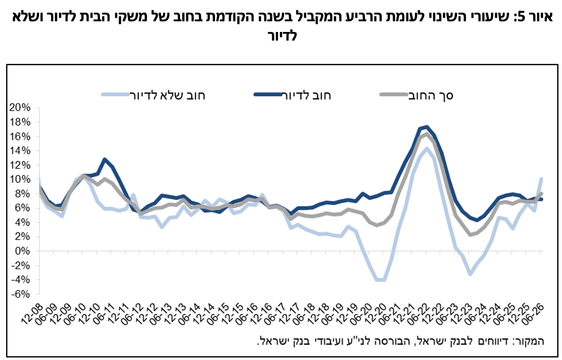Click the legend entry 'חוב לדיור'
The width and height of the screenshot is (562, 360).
pos(293,95)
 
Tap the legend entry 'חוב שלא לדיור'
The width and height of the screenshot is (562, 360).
pos(153,95)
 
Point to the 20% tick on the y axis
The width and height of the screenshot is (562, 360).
pos(20,107)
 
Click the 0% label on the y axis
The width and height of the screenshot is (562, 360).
pos(23,251)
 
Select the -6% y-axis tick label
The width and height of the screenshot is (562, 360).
pos(21,294)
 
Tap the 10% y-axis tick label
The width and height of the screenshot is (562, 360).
pos(20,179)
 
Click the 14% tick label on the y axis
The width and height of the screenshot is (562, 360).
pos(20,151)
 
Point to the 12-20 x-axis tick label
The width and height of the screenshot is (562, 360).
pos(376,314)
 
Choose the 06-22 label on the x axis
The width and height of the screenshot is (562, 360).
pos(419,314)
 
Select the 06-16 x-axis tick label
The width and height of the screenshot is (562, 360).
pos(248,314)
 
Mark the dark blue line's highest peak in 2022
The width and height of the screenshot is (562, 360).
pos(427,127)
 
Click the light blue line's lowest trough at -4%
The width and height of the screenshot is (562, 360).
pos(380,280)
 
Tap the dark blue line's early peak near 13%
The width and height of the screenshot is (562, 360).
pos(104,159)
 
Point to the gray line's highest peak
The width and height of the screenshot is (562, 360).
pos(427,134)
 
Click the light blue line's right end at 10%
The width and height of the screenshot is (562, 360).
pos(541,179)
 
